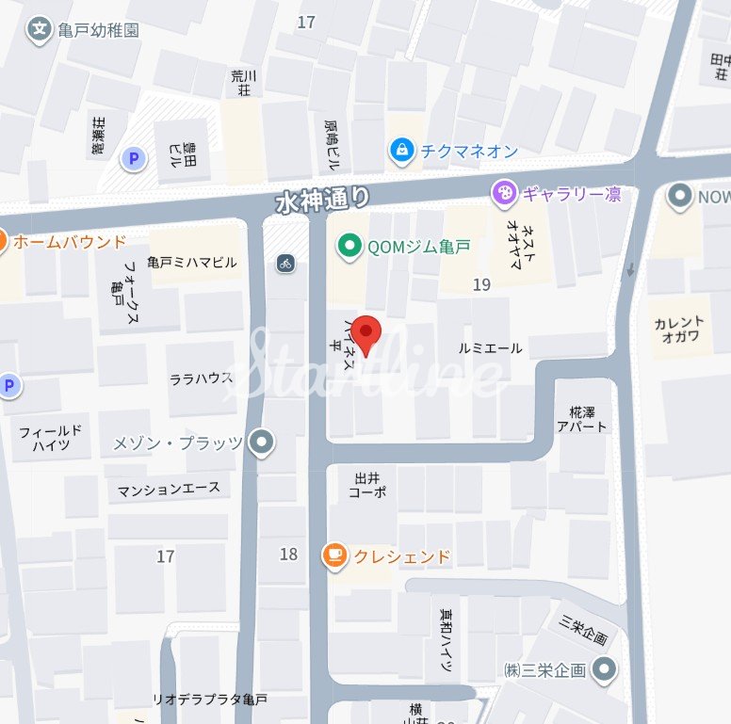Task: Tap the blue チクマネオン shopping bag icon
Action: pos(402,149)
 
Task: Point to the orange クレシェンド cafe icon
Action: pos(334,556)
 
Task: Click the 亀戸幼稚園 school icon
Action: pos(40,30)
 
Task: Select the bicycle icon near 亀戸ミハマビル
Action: pos(285,264)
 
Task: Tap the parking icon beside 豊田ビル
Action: pos(134,159)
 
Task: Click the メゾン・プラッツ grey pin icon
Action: pos(261,442)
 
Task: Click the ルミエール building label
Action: pos(490,348)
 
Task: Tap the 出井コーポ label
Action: pos(367,485)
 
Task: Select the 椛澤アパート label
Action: pos(589,419)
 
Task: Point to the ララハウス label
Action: pos(201,378)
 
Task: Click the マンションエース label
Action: pos(169,490)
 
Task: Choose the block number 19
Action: pos(481,284)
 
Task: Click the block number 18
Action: pos(288,554)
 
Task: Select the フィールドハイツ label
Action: pos(51,438)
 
